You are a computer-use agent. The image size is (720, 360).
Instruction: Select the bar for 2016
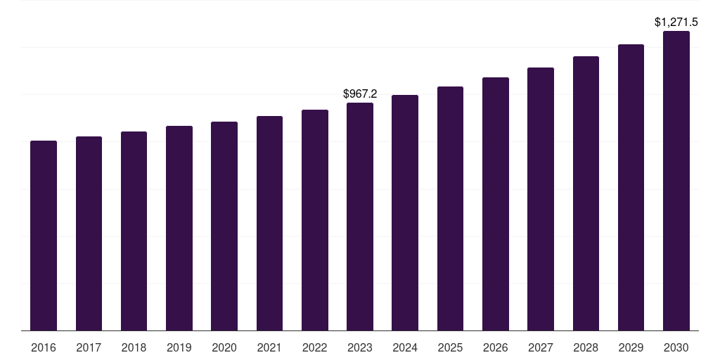[x=44, y=236]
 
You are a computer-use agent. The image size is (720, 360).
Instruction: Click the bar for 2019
[x=179, y=229]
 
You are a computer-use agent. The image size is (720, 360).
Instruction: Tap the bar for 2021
[x=269, y=223]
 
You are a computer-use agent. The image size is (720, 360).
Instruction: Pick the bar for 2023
[x=360, y=217]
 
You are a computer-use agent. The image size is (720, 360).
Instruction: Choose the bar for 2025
[x=451, y=208]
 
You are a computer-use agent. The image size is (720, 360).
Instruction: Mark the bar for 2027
[x=541, y=199]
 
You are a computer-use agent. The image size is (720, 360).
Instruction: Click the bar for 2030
[x=676, y=181]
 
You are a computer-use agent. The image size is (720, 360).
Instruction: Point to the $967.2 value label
[x=360, y=94]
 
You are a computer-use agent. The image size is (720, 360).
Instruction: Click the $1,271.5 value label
[x=676, y=22]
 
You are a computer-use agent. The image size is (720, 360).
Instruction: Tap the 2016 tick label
[x=44, y=347]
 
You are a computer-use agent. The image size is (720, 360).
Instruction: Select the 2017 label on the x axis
[x=89, y=347]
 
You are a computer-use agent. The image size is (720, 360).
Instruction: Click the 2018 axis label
[x=134, y=347]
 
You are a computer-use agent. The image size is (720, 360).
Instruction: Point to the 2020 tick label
[x=224, y=347]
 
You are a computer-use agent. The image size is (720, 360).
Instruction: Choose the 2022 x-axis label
[x=315, y=347]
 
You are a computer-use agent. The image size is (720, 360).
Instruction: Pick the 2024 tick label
[x=405, y=347]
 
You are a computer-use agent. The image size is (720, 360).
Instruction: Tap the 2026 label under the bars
[x=496, y=347]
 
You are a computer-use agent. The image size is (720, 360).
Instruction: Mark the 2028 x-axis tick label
[x=586, y=347]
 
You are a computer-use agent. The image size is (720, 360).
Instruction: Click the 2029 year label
[x=631, y=347]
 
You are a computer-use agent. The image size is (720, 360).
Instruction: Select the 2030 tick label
[x=676, y=347]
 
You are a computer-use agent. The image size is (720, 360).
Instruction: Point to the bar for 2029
[x=631, y=187]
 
